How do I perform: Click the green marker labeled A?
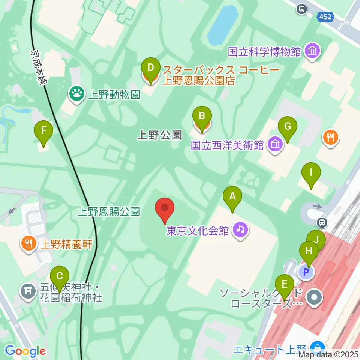(232, 196)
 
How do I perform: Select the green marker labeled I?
(311, 173)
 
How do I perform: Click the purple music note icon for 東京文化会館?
(240, 229)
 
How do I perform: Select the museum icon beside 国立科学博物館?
(312, 51)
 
